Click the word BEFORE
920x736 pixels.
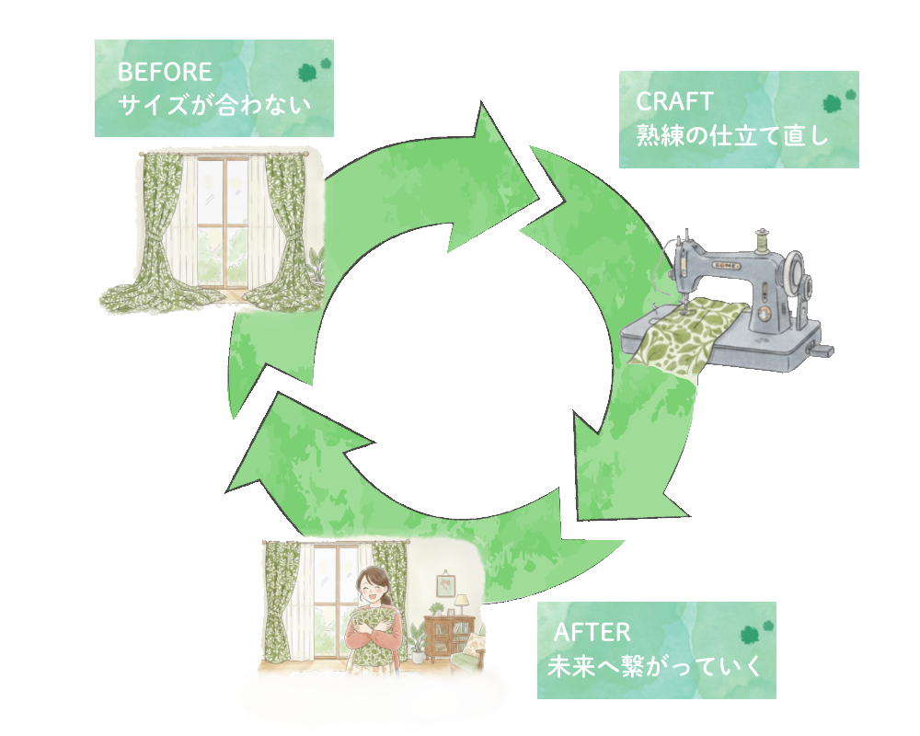pyautogui.click(x=165, y=72)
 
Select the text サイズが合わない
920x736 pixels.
pyautogui.click(x=213, y=105)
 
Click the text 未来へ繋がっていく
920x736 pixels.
pyautogui.click(x=655, y=666)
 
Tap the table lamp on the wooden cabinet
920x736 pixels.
pyautogui.click(x=461, y=604)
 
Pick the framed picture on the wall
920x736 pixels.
pyautogui.click(x=445, y=584)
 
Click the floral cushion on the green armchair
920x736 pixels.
pyautogui.click(x=479, y=641)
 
